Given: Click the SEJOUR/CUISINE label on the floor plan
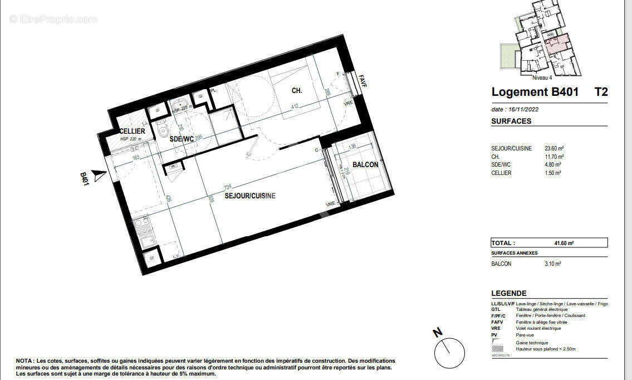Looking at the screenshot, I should point(250,196).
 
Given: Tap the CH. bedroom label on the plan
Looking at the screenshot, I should point(297,91).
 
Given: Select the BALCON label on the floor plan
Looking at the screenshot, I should point(365,164).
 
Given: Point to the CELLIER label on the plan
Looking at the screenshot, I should point(132,131).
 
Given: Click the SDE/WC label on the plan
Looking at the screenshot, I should point(180,139).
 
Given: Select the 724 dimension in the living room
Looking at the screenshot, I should point(227,187).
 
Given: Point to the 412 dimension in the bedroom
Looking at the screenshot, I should point(296,106).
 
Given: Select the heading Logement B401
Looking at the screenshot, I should point(535,92).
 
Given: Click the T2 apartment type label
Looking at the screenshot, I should point(601,92).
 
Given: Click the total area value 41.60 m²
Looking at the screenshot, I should point(564,243).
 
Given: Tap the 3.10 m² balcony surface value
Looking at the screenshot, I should point(552,264).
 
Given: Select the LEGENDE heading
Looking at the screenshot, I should point(508,294).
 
